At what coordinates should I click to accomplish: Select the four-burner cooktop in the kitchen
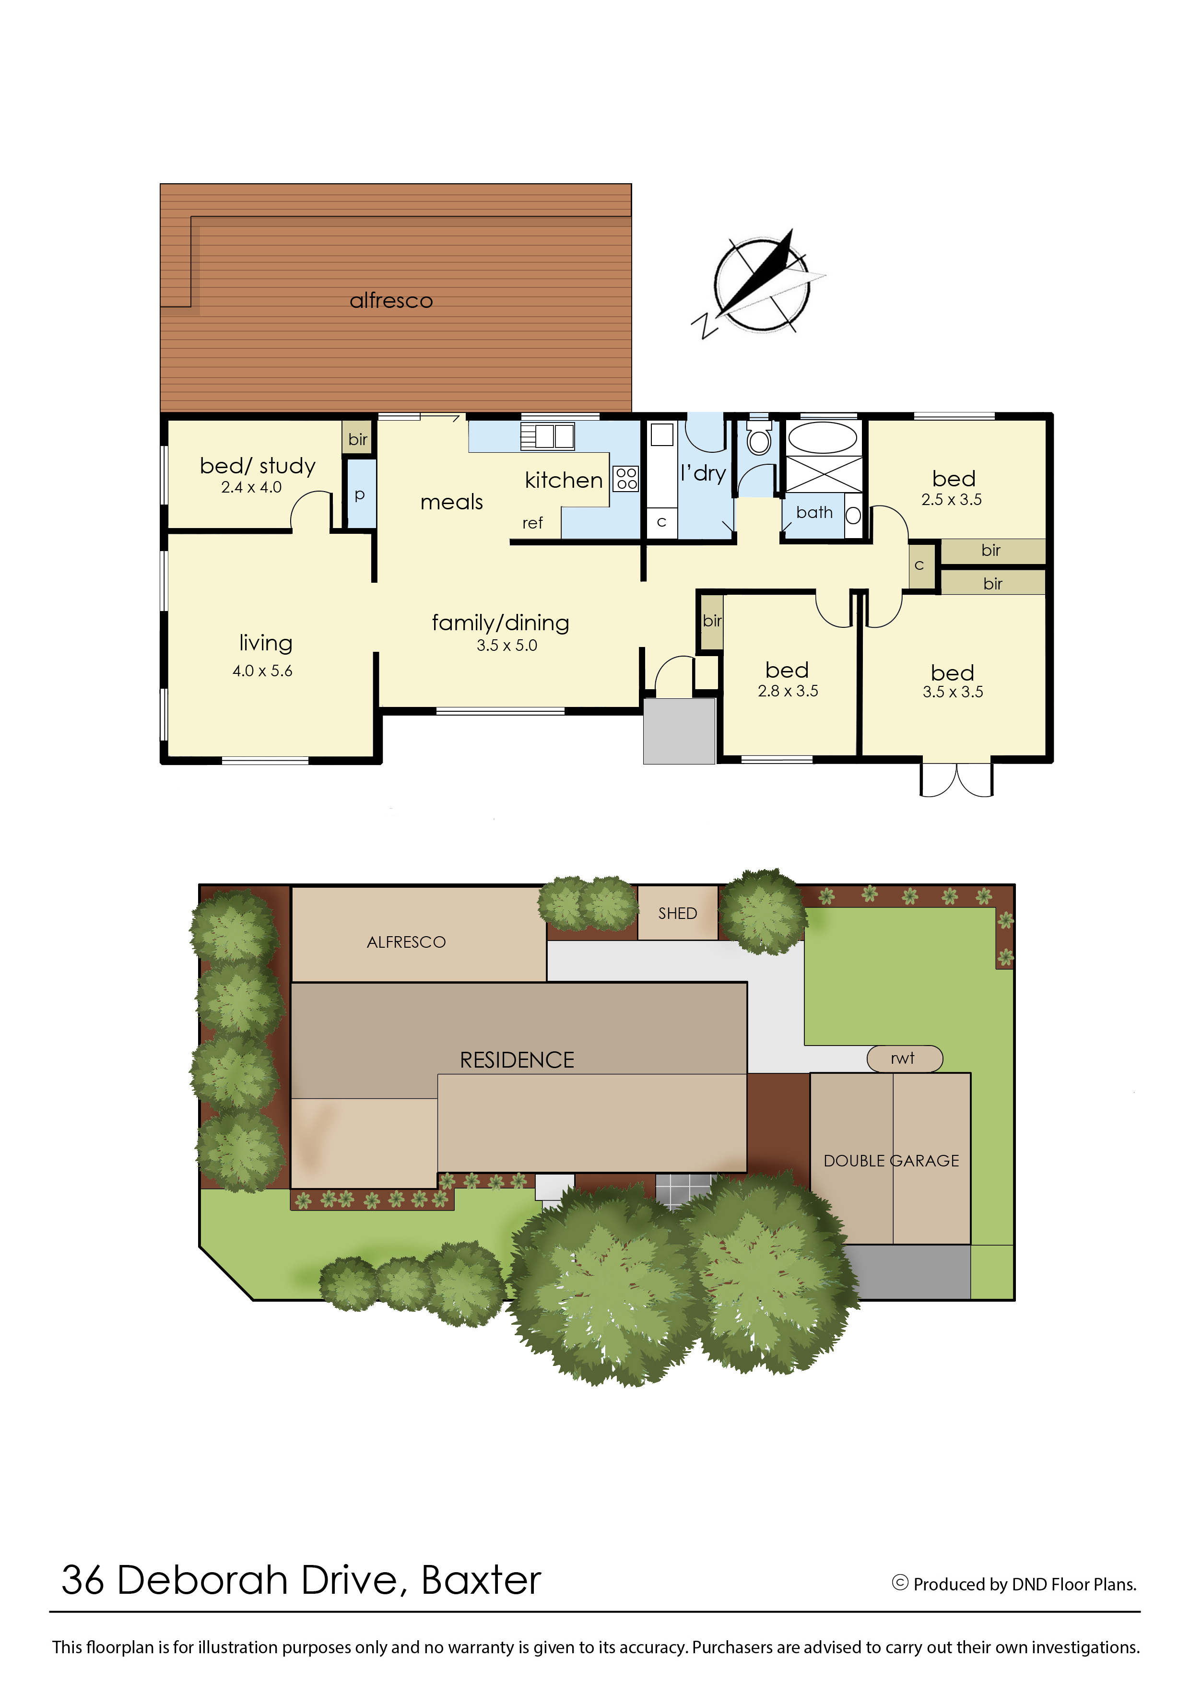click(x=626, y=478)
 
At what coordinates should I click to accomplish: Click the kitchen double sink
click(x=547, y=436)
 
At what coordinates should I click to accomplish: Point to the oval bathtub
click(x=822, y=438)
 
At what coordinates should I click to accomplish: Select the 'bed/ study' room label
click(x=257, y=466)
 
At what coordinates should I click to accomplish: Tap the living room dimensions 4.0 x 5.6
click(x=262, y=670)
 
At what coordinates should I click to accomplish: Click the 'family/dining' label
click(x=500, y=623)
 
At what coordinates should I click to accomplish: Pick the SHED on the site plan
click(x=678, y=913)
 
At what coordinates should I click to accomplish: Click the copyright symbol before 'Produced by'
click(x=900, y=1583)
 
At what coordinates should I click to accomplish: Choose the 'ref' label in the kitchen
click(x=533, y=523)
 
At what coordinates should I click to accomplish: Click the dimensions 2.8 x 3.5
click(x=788, y=691)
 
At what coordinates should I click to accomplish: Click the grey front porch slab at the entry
click(x=679, y=731)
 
